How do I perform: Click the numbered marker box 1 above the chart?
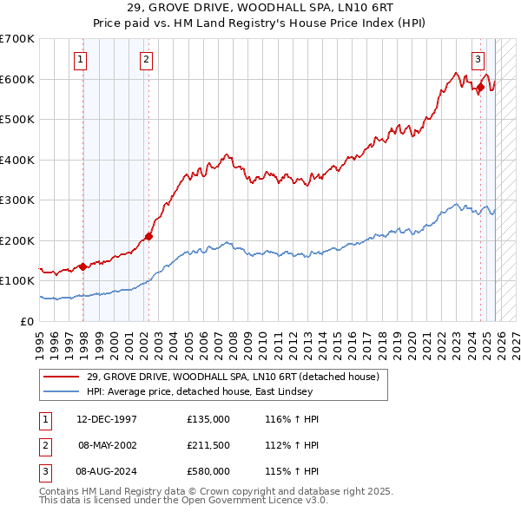coord(80,60)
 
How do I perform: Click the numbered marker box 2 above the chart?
coord(145,60)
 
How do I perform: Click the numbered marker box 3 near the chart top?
coord(478,60)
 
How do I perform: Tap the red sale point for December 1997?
coord(83,266)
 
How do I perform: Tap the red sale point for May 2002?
coord(148,235)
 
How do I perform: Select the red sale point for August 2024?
coord(480,87)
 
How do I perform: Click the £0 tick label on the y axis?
coord(28,321)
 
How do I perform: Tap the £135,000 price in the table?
coord(208,419)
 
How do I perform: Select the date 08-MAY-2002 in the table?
coord(107,445)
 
